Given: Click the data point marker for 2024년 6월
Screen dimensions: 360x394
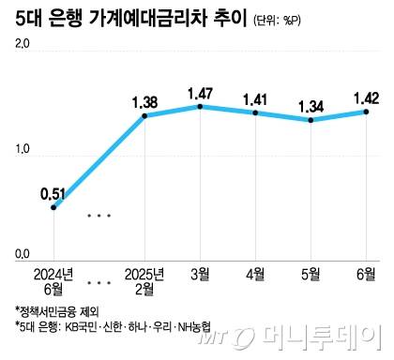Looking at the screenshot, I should pos(53,206).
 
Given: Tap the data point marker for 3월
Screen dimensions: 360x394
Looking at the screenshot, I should pos(199,107).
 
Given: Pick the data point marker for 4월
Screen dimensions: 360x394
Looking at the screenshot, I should pos(255,112).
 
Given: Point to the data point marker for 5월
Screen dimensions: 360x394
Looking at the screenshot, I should pos(311,120).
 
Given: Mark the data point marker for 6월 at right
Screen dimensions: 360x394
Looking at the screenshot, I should pos(366,112).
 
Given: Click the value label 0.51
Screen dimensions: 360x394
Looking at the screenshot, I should pos(53,194).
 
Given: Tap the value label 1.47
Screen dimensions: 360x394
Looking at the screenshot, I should pos(199,93).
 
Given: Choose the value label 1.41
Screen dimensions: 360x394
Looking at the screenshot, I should pos(255,97).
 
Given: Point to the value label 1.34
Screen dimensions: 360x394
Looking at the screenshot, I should pos(311,105).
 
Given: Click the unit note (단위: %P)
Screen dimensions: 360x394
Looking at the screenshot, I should pos(282,22).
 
